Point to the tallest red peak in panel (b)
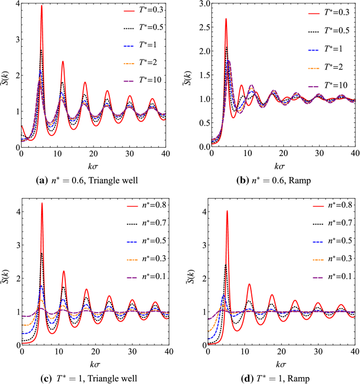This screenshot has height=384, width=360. (226, 19)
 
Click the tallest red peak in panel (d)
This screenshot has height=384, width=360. (227, 211)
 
